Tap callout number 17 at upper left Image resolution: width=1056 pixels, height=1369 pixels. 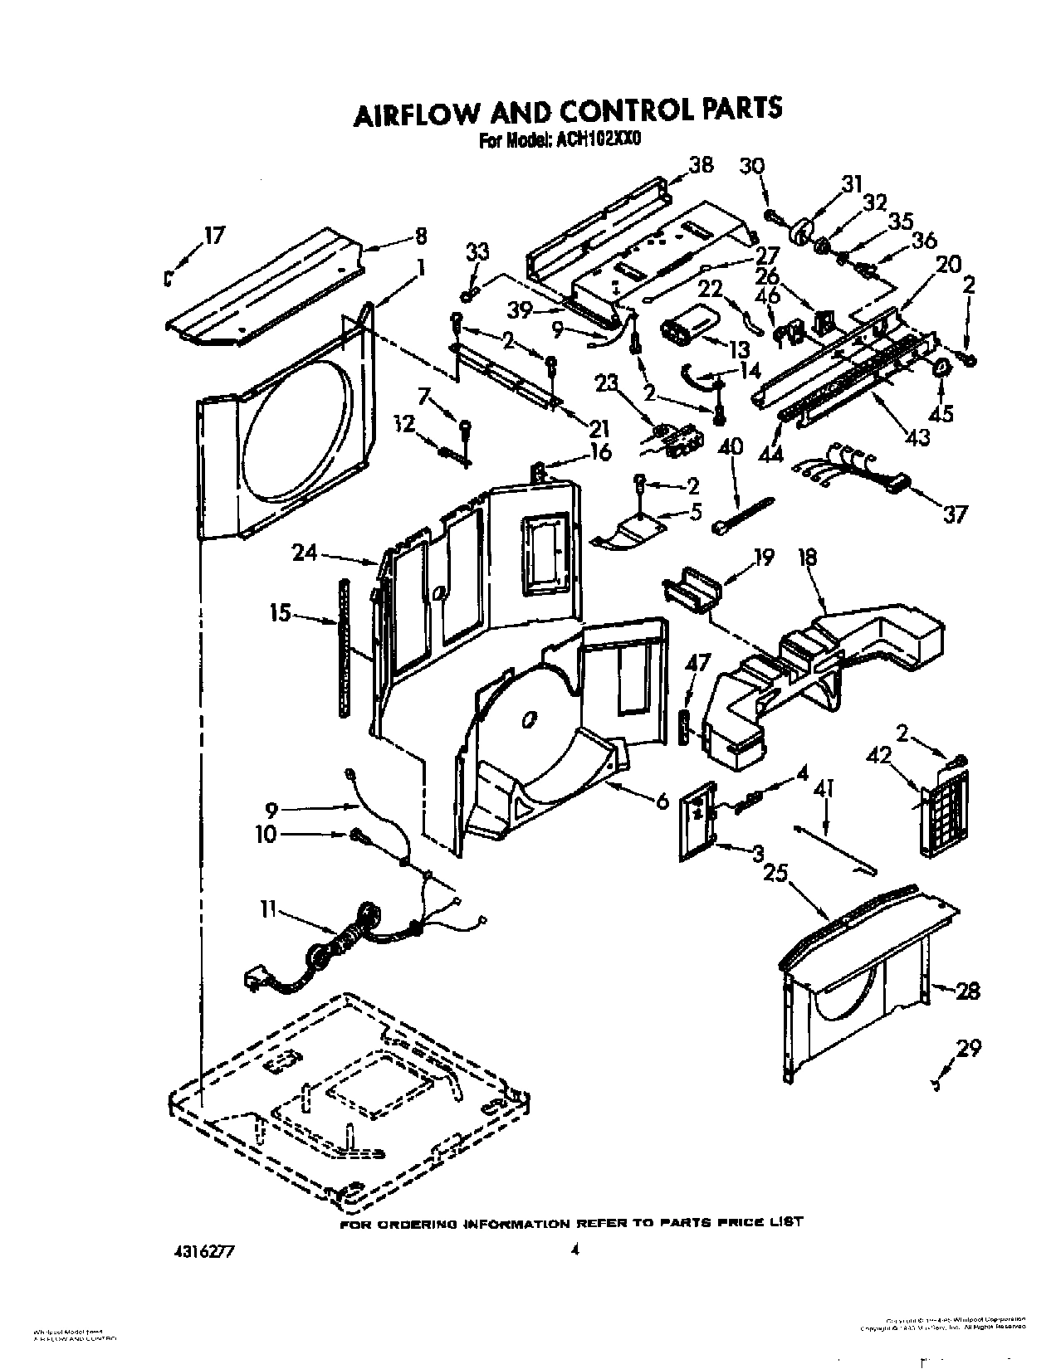[x=213, y=236]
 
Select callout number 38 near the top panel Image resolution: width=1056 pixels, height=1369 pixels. [x=701, y=165]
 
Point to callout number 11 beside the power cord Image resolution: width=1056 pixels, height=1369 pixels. [x=267, y=909]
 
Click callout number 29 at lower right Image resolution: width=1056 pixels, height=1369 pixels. [x=968, y=1050]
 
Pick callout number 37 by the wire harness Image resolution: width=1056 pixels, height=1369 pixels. [x=955, y=514]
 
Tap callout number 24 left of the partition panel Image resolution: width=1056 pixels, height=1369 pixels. [x=304, y=551]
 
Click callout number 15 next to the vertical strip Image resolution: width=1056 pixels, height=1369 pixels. [x=280, y=613]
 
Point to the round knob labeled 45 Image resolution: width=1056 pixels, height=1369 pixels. [x=943, y=368]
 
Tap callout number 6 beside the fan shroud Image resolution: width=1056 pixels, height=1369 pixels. [x=662, y=802]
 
